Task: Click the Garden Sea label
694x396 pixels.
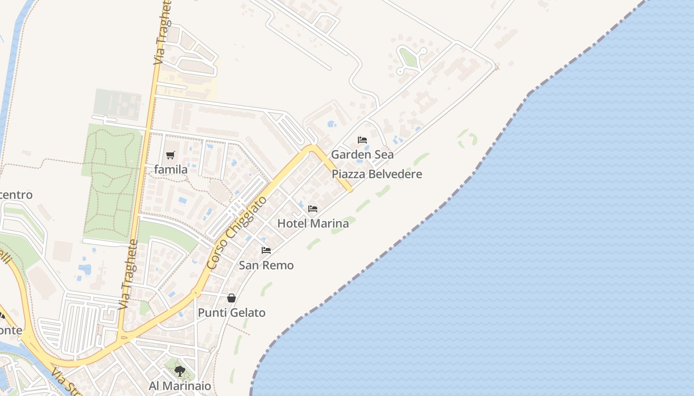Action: [362, 154]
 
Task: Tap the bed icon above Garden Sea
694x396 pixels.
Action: [362, 140]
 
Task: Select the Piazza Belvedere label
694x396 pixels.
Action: [377, 174]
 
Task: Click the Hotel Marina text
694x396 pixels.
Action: [313, 223]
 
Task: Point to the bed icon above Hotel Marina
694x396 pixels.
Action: [313, 209]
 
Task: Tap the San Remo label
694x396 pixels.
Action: [266, 265]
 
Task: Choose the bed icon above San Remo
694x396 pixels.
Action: [266, 250]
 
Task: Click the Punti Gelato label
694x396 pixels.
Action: [231, 313]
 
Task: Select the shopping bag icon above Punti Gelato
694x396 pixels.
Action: [231, 298]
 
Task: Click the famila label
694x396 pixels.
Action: [171, 170]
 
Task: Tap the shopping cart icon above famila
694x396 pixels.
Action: [171, 155]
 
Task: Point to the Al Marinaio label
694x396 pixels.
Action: [179, 386]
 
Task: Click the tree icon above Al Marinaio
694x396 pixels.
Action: [179, 371]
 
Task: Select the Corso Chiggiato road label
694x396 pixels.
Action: [237, 233]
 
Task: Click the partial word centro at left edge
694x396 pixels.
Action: [16, 195]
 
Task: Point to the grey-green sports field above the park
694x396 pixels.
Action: [117, 104]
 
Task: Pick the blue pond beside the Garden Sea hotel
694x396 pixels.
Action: [332, 124]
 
